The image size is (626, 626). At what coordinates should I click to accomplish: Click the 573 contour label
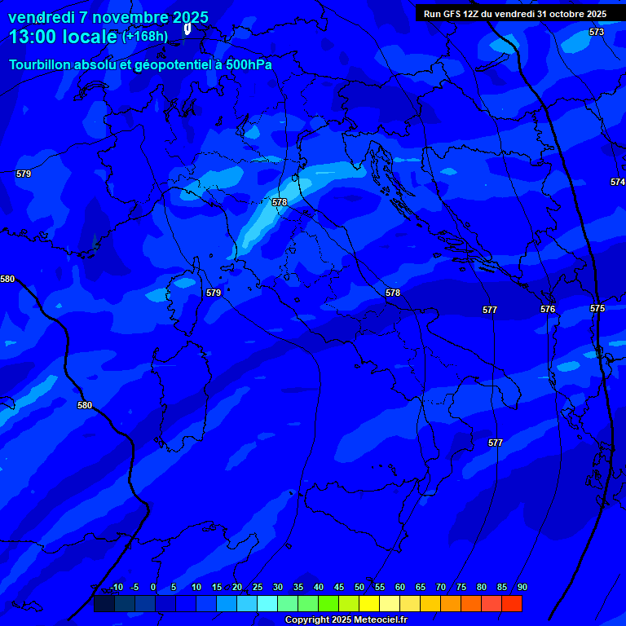point(597,32)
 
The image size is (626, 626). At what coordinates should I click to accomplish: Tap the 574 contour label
point(617,182)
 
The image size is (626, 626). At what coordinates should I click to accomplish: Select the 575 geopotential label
point(597,308)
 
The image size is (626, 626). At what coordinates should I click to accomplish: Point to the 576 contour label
point(548,309)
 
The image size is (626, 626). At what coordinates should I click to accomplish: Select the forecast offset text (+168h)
point(145,36)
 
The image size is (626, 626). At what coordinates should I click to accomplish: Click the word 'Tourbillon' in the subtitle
point(44,64)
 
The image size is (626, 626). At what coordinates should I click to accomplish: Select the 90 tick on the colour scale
point(522,587)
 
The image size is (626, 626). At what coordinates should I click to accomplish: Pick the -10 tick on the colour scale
point(116,587)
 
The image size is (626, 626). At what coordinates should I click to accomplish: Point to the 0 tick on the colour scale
point(153,587)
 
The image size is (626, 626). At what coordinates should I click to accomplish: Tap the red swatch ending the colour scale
point(512,603)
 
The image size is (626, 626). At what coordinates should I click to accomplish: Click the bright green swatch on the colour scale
point(328,603)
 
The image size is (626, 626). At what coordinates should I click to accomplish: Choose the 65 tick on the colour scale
point(420,587)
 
